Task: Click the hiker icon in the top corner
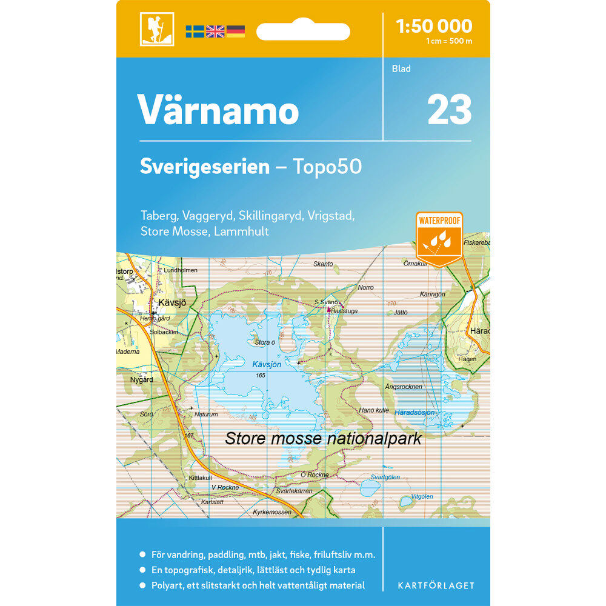click(x=157, y=29)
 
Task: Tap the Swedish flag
click(x=195, y=31)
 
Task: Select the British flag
click(x=215, y=31)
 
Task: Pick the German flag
click(x=236, y=31)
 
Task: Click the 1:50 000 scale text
click(x=433, y=26)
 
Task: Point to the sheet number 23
click(x=449, y=110)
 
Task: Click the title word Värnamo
click(x=218, y=110)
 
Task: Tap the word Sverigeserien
click(x=204, y=167)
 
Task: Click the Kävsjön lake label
click(x=267, y=364)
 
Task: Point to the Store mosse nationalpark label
click(x=322, y=438)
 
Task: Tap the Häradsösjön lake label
click(x=415, y=412)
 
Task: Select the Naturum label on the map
click(x=205, y=415)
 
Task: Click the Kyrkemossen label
click(x=272, y=512)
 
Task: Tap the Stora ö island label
click(x=265, y=342)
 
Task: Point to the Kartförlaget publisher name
click(x=436, y=585)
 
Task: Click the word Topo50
click(x=327, y=167)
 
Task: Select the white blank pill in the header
click(x=303, y=31)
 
